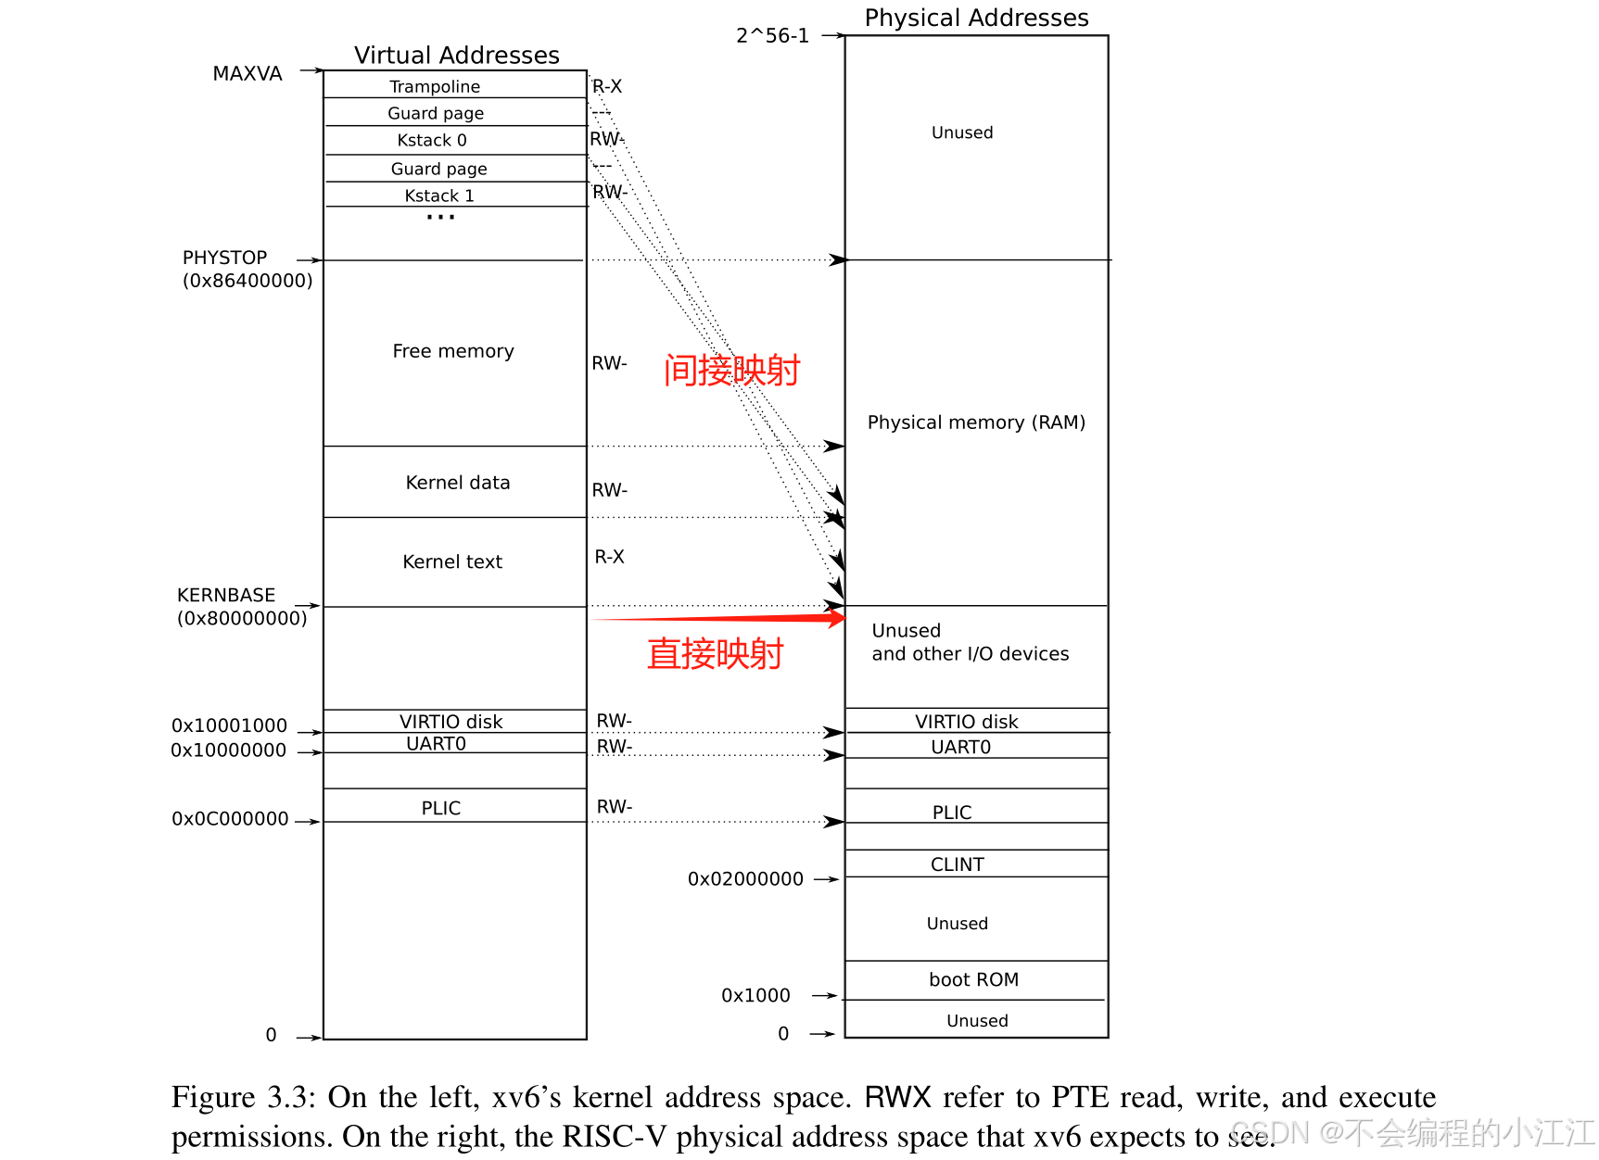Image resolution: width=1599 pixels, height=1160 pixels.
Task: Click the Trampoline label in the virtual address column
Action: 435,86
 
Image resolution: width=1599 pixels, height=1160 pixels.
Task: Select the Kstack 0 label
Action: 432,140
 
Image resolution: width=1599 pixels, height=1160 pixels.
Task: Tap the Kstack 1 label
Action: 439,195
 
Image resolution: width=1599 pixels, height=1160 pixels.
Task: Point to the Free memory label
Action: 452,351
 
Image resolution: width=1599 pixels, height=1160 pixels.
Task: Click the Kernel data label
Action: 458,483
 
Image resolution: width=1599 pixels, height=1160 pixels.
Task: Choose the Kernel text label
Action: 452,561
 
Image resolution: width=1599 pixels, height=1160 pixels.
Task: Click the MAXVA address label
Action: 247,74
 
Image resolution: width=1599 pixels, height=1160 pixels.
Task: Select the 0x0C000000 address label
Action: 230,819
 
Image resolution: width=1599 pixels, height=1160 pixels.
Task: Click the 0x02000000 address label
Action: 745,879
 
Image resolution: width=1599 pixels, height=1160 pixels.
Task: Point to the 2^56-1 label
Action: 772,36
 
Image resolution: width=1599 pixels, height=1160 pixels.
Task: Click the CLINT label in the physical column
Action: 957,864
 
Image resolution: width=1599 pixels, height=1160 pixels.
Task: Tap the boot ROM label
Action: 973,980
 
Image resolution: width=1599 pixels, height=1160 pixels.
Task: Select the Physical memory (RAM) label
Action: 976,422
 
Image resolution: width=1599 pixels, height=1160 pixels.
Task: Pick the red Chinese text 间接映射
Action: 731,371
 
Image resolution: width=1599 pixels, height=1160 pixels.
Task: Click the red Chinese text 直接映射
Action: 715,654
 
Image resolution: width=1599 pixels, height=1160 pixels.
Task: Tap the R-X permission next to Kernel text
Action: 609,557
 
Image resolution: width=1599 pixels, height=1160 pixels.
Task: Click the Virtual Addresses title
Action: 457,56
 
